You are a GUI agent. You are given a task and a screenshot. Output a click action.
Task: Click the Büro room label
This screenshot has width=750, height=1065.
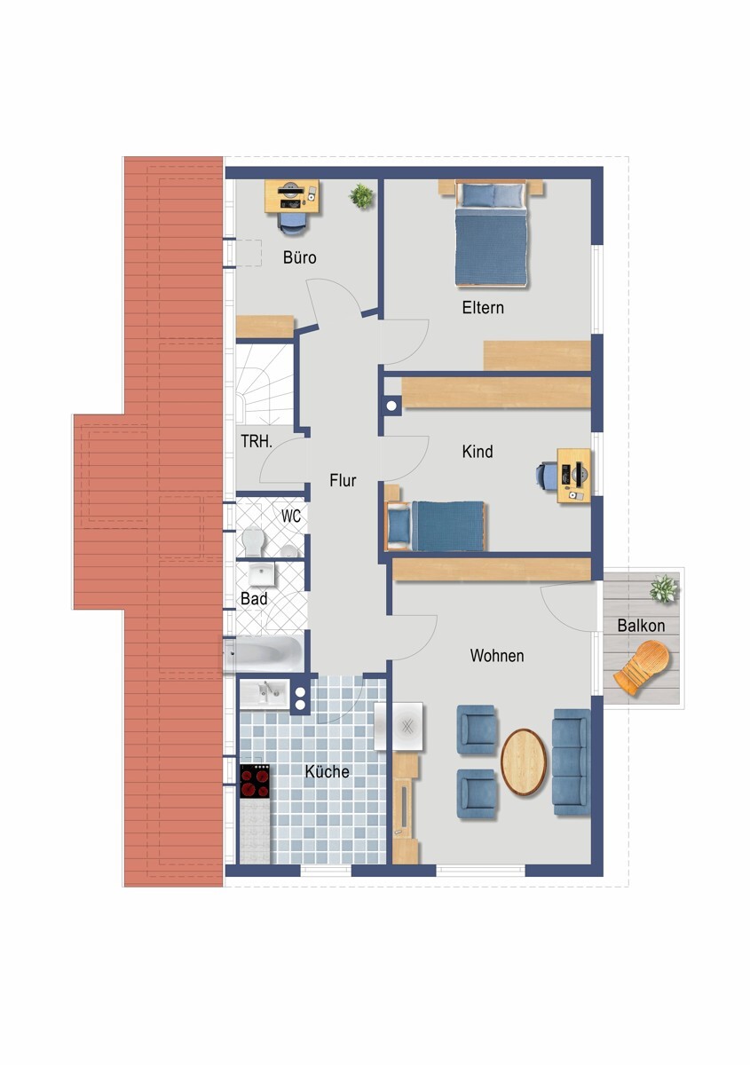pyautogui.click(x=300, y=257)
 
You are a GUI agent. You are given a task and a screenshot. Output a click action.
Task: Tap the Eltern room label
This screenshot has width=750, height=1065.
pyautogui.click(x=483, y=308)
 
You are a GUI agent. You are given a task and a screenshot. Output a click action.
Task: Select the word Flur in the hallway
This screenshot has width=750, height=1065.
pyautogui.click(x=343, y=480)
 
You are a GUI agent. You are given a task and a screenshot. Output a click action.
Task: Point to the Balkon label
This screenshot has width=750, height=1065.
pyautogui.click(x=641, y=625)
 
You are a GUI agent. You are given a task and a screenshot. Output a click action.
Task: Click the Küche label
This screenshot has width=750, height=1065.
pyautogui.click(x=328, y=771)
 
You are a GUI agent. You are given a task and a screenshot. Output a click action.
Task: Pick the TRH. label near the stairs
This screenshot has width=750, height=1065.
pyautogui.click(x=257, y=441)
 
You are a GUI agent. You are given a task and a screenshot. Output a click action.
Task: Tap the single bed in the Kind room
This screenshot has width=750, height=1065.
pyautogui.click(x=436, y=525)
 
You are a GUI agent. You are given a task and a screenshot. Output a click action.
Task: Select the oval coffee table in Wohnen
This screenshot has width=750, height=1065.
pyautogui.click(x=524, y=762)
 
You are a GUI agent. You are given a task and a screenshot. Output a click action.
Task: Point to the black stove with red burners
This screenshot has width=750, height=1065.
pyautogui.click(x=255, y=781)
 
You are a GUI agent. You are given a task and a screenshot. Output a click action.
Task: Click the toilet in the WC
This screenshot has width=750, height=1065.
pyautogui.click(x=254, y=541)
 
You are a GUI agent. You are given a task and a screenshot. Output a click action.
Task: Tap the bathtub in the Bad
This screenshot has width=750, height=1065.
pyautogui.click(x=263, y=653)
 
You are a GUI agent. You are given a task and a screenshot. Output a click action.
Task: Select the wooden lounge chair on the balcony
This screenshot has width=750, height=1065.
pyautogui.click(x=643, y=667)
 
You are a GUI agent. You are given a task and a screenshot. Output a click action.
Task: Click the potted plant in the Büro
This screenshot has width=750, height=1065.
pyautogui.click(x=362, y=195)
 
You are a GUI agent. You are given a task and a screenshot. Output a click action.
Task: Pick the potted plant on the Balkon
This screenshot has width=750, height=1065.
pyautogui.click(x=663, y=588)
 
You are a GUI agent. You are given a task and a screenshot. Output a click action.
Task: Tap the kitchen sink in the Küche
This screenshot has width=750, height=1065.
pyautogui.click(x=264, y=695)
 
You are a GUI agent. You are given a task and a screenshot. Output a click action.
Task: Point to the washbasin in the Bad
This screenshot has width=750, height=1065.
pyautogui.click(x=262, y=575)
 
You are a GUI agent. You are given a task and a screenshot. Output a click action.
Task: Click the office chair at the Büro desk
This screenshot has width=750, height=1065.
pyautogui.click(x=291, y=223)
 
